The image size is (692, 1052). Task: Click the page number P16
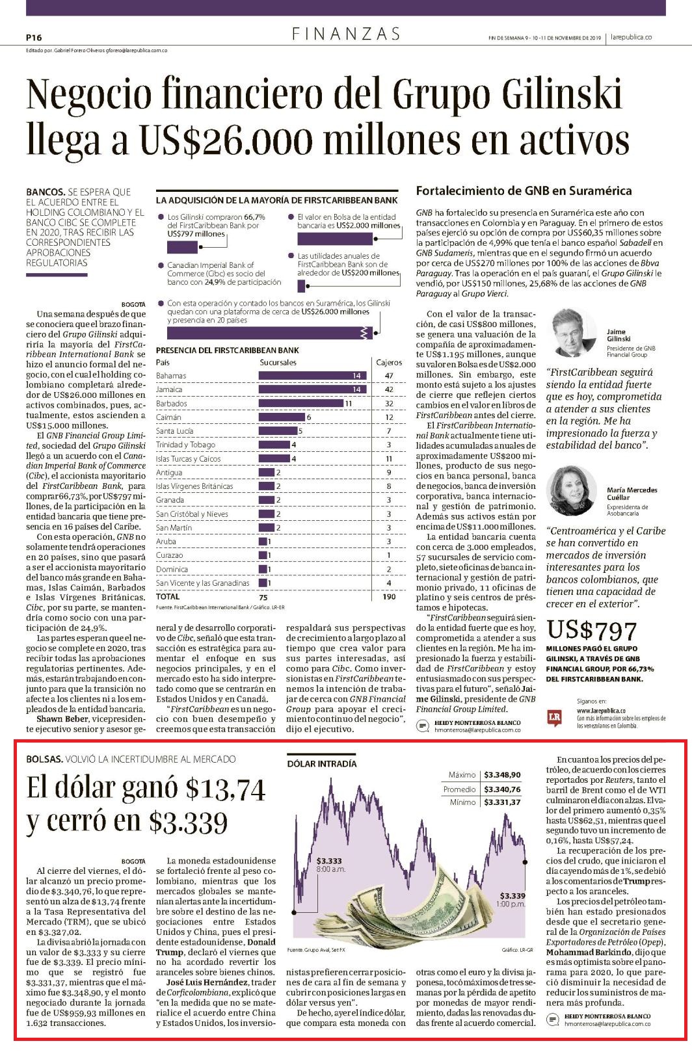pos(34,38)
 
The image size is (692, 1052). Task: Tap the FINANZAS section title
pos(346,34)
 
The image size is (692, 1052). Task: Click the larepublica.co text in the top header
pos(632,37)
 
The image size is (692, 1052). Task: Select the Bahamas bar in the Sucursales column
pos(312,376)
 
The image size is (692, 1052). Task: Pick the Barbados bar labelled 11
pos(300,403)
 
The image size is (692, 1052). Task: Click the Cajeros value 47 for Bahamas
pos(388,376)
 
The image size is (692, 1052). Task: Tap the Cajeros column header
pos(389,363)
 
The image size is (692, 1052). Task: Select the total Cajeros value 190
pos(389,596)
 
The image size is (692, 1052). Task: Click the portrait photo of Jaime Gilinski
pos(574,333)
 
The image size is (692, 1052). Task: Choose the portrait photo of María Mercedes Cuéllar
pos(574,491)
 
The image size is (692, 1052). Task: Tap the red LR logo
pos(555,717)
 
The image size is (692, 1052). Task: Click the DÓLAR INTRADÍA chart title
pos(322,763)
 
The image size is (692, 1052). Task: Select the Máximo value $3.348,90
pos(502,774)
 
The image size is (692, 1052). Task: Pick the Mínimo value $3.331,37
pos(502,802)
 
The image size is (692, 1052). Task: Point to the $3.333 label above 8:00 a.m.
pos(329,861)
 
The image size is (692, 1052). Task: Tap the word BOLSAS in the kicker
pos(44,759)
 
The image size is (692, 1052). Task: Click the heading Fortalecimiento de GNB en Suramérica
pos(524,191)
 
